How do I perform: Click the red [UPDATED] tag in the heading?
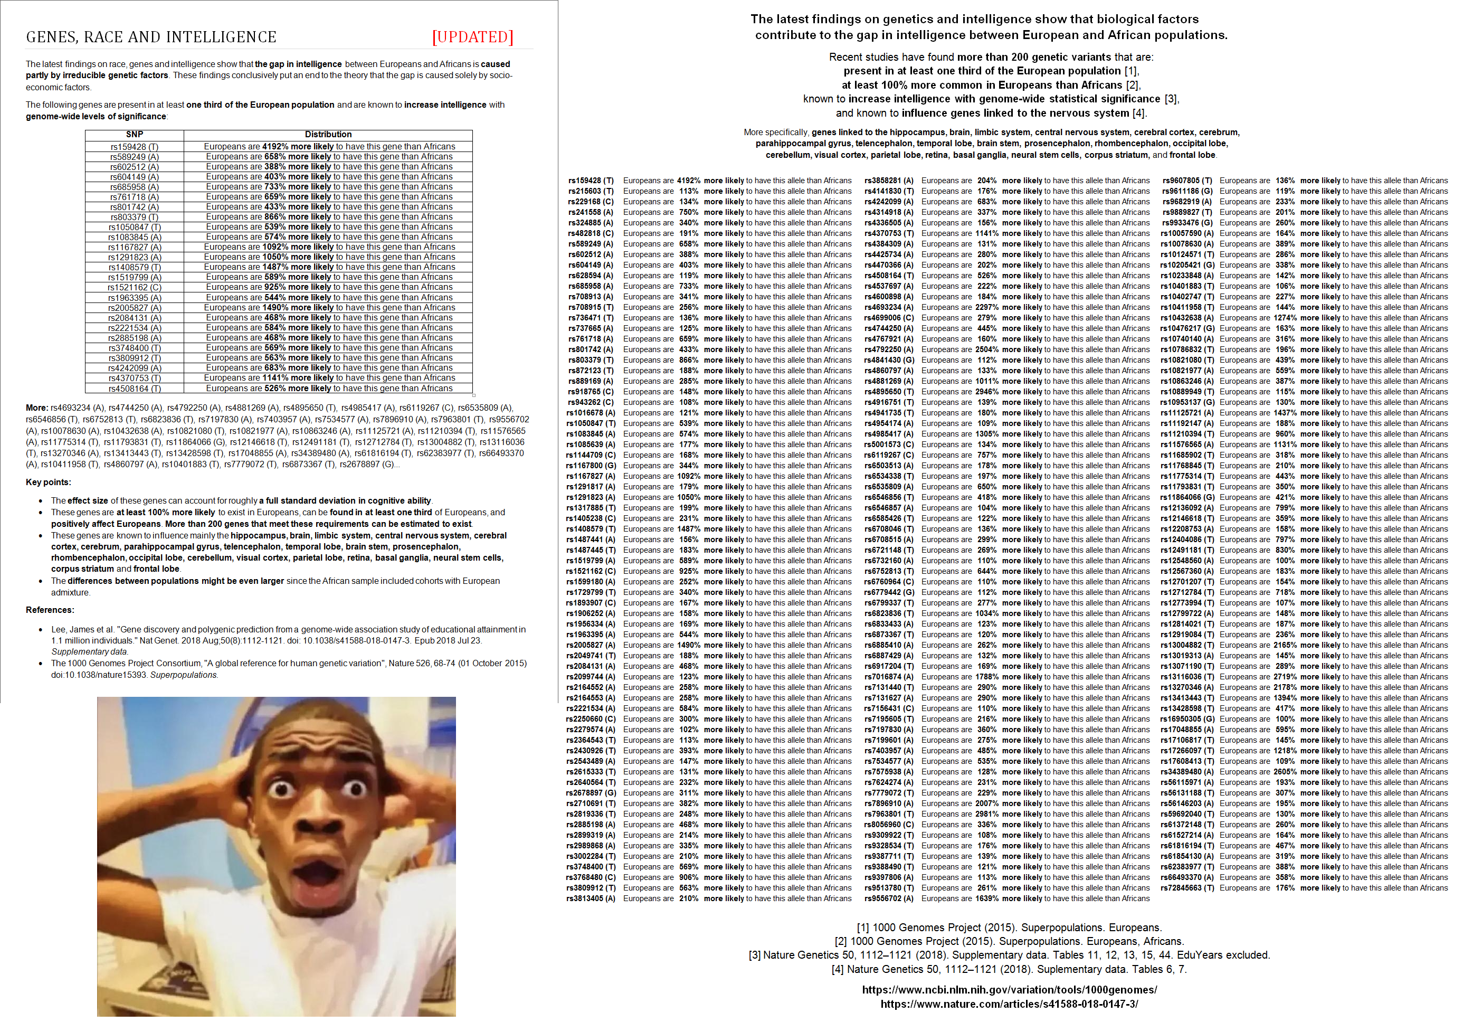[472, 37]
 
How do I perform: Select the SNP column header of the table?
[135, 135]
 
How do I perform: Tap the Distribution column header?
[328, 135]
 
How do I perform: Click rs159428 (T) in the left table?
[135, 147]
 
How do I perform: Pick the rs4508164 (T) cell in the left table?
[135, 389]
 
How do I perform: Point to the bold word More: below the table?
[37, 408]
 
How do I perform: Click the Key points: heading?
[49, 482]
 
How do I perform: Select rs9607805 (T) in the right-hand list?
[1187, 181]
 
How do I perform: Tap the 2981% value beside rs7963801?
[987, 814]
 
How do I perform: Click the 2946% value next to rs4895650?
[987, 392]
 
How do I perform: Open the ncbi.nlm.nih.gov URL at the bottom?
[1010, 990]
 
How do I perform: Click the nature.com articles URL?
[1010, 1004]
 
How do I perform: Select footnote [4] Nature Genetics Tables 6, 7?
[1010, 970]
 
